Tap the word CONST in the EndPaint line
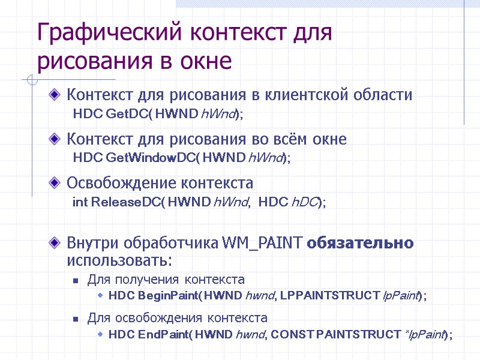288,335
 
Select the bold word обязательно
360,243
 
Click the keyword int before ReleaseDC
79,202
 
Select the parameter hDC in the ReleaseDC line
303,202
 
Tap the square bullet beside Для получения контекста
76,280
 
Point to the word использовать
119,261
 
